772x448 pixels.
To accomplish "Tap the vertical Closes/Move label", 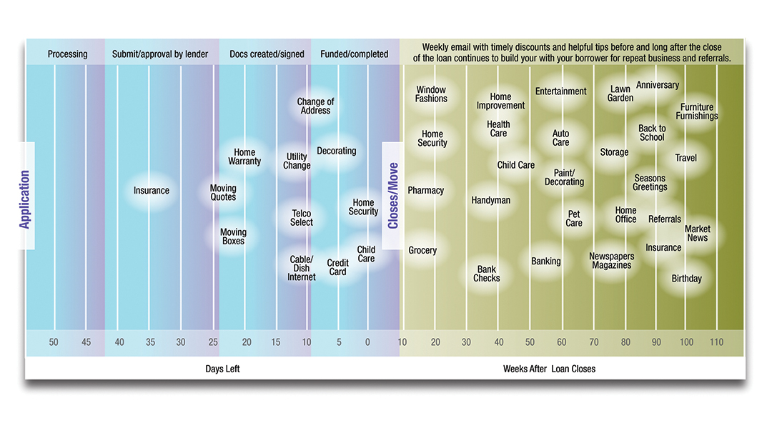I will pyautogui.click(x=392, y=196).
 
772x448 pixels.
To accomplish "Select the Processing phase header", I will pyautogui.click(x=67, y=54).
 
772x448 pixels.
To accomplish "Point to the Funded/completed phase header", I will pyautogui.click(x=354, y=54).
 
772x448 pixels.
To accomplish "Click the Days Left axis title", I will pyautogui.click(x=222, y=369).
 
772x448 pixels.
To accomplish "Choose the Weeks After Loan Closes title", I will pyautogui.click(x=549, y=369).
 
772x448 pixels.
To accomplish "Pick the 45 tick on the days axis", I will pyautogui.click(x=86, y=342).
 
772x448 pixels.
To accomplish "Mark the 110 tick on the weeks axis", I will pyautogui.click(x=716, y=342).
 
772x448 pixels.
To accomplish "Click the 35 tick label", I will pyautogui.click(x=151, y=342).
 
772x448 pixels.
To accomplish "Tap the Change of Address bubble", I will pyautogui.click(x=315, y=106).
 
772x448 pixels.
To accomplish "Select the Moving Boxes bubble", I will pyautogui.click(x=233, y=237).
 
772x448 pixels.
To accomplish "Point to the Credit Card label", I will pyautogui.click(x=337, y=267).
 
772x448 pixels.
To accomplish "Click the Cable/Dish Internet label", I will pyautogui.click(x=301, y=268).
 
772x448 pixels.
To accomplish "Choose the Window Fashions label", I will pyautogui.click(x=431, y=94).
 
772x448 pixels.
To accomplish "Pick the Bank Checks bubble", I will pyautogui.click(x=487, y=274).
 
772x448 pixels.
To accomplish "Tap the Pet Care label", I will pyautogui.click(x=574, y=219).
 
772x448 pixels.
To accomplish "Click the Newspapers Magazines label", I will pyautogui.click(x=611, y=261).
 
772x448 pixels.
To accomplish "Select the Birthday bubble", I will pyautogui.click(x=686, y=279).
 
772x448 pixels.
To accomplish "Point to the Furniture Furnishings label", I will pyautogui.click(x=696, y=111).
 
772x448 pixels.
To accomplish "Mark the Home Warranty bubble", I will pyautogui.click(x=244, y=156).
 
